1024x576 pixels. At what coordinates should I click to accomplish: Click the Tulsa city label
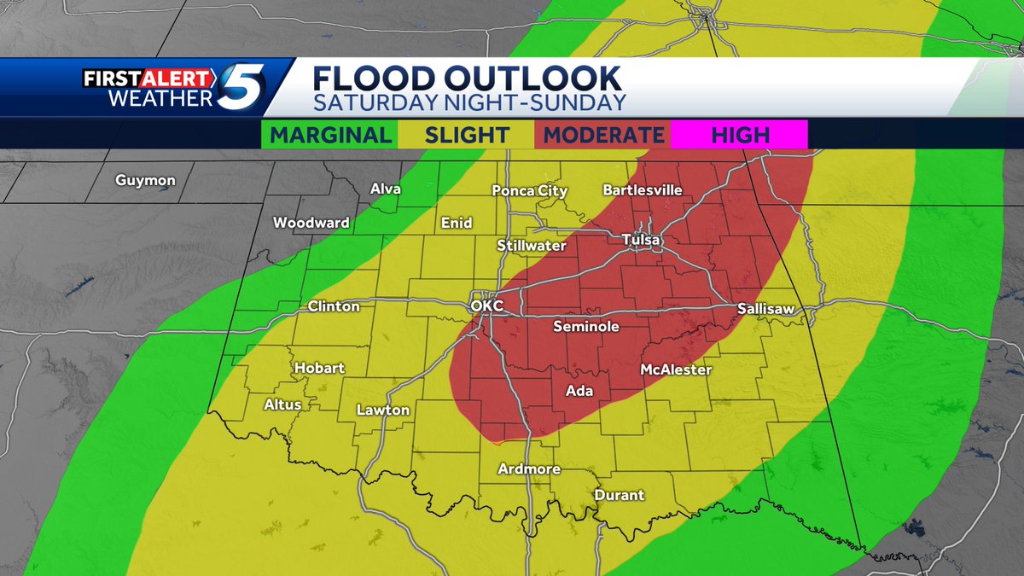click(641, 241)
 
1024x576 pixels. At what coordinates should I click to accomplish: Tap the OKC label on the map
click(487, 305)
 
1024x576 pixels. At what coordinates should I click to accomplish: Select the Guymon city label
click(146, 181)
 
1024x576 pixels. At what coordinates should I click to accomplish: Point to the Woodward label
click(311, 224)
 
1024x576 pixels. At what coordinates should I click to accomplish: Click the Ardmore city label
click(530, 469)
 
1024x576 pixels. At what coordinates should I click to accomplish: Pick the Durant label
click(619, 495)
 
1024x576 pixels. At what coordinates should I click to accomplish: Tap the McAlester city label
click(676, 370)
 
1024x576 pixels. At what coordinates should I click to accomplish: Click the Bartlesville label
click(643, 190)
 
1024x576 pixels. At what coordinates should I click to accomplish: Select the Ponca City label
click(530, 191)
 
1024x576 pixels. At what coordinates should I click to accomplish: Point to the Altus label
click(282, 404)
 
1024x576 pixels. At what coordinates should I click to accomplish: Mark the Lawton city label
click(383, 410)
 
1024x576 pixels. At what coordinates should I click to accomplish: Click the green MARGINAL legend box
click(331, 135)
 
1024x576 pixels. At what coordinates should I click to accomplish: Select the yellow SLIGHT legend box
click(466, 135)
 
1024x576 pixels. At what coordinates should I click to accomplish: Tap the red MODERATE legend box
click(603, 135)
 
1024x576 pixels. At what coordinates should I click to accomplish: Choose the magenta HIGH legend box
click(738, 135)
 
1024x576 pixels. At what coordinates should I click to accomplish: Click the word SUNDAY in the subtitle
click(579, 103)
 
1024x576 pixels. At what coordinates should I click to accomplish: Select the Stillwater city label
click(532, 246)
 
